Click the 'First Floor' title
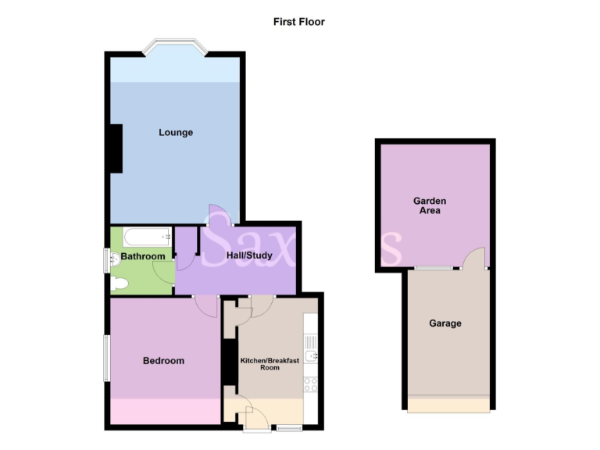(x=298, y=22)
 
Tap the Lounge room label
(x=176, y=133)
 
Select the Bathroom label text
(x=142, y=256)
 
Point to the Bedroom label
(x=163, y=361)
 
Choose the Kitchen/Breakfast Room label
(x=270, y=363)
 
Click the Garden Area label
(x=430, y=205)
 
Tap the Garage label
(x=445, y=323)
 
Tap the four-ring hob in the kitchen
(x=310, y=384)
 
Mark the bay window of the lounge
(x=176, y=45)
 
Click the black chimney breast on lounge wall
(x=116, y=148)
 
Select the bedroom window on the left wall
(x=107, y=359)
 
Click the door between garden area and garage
(x=473, y=259)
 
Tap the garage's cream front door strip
(x=448, y=405)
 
